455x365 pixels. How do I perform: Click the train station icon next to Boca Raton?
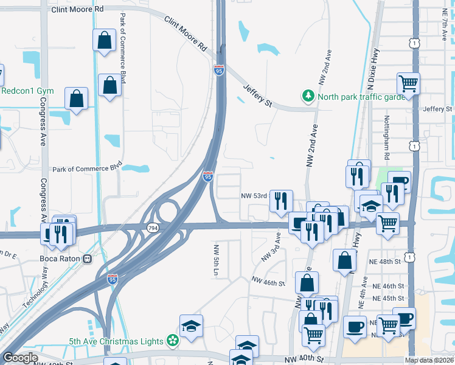click(88, 259)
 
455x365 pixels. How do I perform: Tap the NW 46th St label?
click(268, 283)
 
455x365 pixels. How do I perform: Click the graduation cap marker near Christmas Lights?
click(191, 326)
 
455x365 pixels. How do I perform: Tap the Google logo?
click(20, 358)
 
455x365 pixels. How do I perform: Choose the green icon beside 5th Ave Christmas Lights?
click(173, 341)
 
